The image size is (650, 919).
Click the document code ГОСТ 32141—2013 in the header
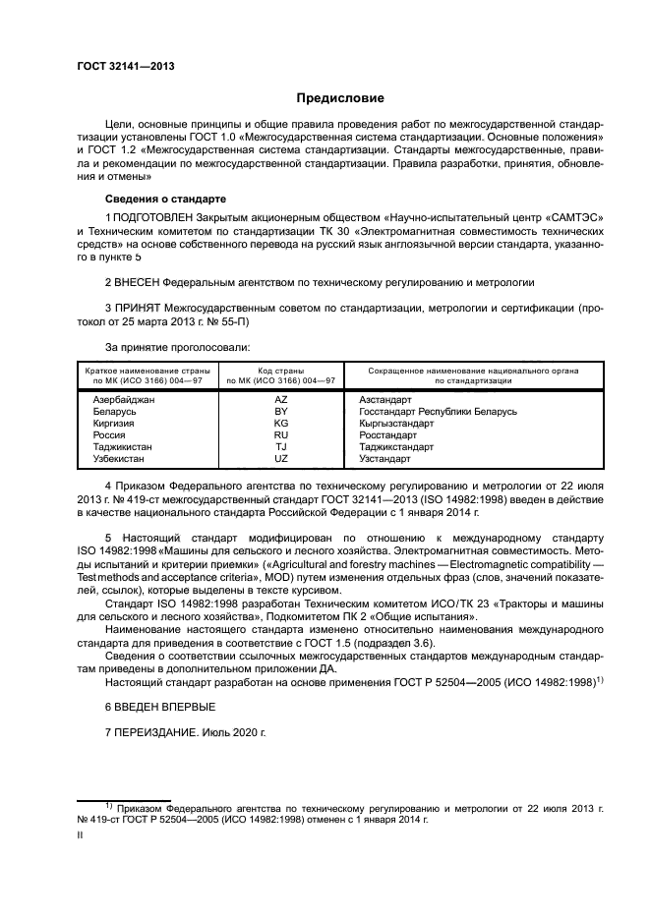(x=119, y=67)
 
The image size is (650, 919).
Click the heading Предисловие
(x=334, y=98)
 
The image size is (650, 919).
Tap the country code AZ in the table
(x=281, y=400)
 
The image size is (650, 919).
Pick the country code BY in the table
(x=281, y=412)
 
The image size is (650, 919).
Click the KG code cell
(x=281, y=424)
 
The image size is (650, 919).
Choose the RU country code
(x=281, y=435)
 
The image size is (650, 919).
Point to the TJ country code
(x=281, y=447)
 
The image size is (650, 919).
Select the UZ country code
(x=281, y=459)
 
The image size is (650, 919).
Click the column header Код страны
(x=281, y=371)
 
